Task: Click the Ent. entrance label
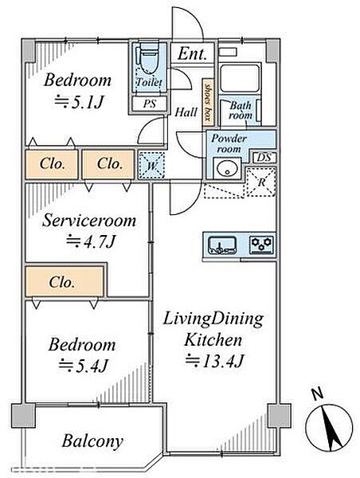193,53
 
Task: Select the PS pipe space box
150,104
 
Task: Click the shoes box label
208,103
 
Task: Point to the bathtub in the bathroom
240,78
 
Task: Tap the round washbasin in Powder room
227,168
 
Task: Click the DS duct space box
264,158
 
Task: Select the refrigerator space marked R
261,182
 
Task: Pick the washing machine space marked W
151,165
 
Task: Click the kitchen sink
222,245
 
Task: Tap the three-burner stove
261,245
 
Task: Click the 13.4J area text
214,362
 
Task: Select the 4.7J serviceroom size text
90,241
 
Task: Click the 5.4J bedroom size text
83,365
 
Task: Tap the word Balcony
92,441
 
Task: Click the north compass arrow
329,428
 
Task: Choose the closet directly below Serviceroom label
65,281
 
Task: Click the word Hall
186,112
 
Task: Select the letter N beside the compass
318,394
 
